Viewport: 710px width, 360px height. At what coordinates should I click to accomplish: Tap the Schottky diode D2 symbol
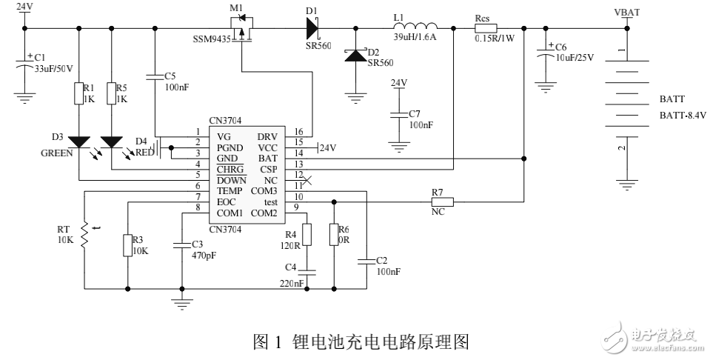356,53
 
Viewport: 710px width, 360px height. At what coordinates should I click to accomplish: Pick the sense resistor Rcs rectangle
485,28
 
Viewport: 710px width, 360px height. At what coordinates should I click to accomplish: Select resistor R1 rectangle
78,94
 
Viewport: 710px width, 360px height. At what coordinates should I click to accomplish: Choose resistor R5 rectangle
111,94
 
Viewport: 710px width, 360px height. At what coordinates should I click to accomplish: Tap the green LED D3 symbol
78,141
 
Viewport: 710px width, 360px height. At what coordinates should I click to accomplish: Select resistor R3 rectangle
128,244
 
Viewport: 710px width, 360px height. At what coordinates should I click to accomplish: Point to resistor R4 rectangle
309,234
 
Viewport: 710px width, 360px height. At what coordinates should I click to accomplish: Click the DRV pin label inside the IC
267,136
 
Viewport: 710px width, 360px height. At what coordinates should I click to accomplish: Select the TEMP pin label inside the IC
232,191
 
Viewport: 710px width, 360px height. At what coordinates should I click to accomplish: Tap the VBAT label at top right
627,12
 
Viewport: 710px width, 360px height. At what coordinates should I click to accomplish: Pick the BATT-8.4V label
683,116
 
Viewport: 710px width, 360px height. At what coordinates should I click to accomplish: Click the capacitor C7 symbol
399,115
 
